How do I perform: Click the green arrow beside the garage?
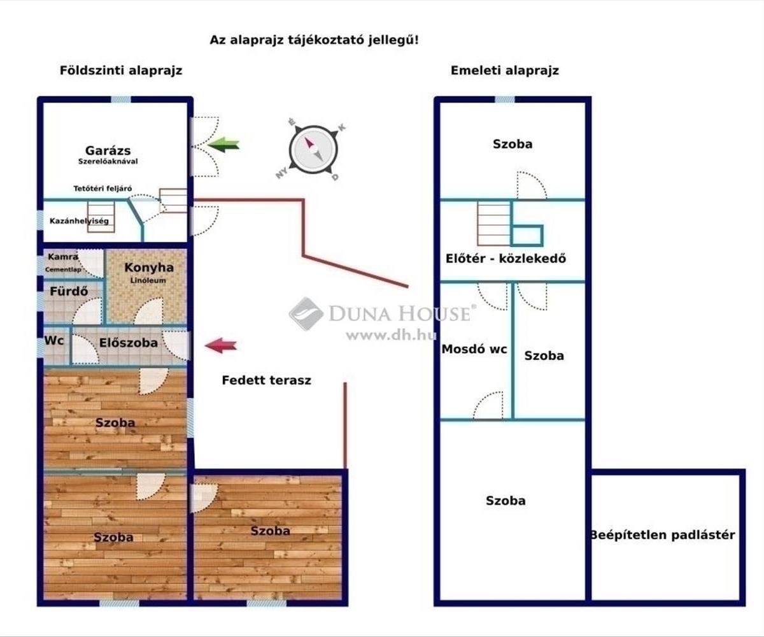tap(223, 145)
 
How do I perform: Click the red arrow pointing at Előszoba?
tap(221, 346)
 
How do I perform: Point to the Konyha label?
tap(149, 268)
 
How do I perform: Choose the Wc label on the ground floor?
tap(54, 341)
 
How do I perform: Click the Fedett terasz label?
tap(266, 380)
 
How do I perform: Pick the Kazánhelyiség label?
tap(80, 222)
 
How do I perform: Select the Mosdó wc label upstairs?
tap(474, 349)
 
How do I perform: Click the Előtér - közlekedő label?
tap(506, 259)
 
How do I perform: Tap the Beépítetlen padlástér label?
tap(663, 535)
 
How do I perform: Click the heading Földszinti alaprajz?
tap(121, 71)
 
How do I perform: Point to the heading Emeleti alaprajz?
tap(505, 71)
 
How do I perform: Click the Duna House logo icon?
tap(306, 313)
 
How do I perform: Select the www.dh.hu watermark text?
tap(386, 335)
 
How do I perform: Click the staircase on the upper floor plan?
tap(493, 224)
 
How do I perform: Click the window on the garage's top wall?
tap(121, 99)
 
